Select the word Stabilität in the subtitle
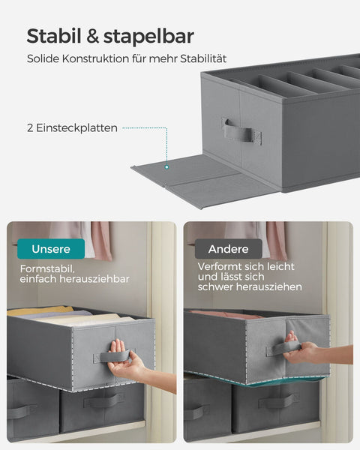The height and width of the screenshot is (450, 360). [199, 58]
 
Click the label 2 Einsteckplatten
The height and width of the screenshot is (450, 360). [72, 128]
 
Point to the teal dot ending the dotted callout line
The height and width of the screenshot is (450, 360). [166, 167]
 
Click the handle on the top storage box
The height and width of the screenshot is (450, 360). [237, 133]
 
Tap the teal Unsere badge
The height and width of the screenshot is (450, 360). [52, 249]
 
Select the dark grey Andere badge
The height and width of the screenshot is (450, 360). [228, 249]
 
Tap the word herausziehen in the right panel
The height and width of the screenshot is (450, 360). [271, 286]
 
